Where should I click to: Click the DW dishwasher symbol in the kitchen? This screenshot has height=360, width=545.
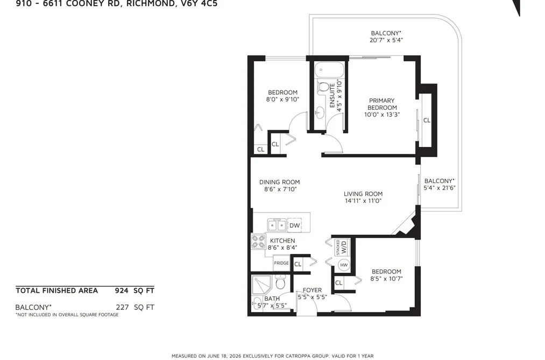[x=294, y=225]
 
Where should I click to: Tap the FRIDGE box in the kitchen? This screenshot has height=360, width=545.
[x=281, y=263]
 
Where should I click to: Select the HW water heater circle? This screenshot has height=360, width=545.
[x=344, y=265]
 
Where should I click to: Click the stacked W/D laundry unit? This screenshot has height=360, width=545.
[x=342, y=247]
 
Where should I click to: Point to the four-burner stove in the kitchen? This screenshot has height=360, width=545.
[x=258, y=242]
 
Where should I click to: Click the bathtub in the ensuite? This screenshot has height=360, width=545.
[x=329, y=70]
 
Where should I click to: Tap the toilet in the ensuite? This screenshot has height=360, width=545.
[x=323, y=87]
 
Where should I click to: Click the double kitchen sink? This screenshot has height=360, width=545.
[x=277, y=225]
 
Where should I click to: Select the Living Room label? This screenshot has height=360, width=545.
[x=363, y=194]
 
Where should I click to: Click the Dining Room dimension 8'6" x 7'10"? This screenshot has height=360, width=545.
[x=280, y=189]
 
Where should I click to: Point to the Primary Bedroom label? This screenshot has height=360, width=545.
[x=382, y=104]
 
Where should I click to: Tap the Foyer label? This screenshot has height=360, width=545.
[x=312, y=290]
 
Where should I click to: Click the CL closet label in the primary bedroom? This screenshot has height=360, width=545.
[x=427, y=120]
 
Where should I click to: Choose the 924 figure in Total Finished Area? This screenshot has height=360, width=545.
[x=122, y=291]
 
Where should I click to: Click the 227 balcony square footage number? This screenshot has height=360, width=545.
[x=122, y=307]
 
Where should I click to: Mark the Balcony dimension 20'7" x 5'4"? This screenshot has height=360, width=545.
[x=386, y=40]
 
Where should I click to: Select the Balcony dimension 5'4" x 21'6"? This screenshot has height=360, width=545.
[x=440, y=188]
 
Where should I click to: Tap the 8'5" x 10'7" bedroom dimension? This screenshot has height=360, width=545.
[x=386, y=279]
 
